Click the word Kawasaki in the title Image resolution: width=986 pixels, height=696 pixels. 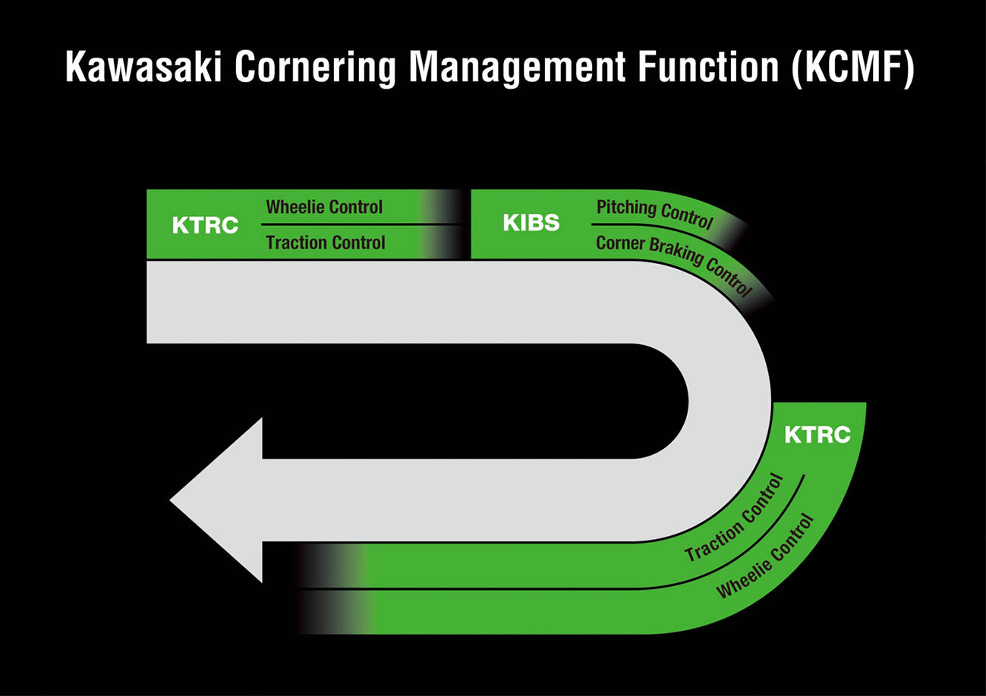(144, 67)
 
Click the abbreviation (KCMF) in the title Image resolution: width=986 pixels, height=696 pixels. (853, 67)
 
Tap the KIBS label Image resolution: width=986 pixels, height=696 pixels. (531, 223)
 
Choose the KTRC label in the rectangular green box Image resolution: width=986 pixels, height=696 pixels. (205, 225)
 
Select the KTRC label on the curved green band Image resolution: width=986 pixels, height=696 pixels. (817, 435)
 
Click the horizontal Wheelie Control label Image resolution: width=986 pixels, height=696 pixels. (324, 207)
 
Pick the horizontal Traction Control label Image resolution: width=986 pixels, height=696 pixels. (326, 243)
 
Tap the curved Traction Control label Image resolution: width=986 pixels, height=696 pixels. (734, 518)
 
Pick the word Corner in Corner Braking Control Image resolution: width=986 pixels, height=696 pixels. (619, 243)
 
